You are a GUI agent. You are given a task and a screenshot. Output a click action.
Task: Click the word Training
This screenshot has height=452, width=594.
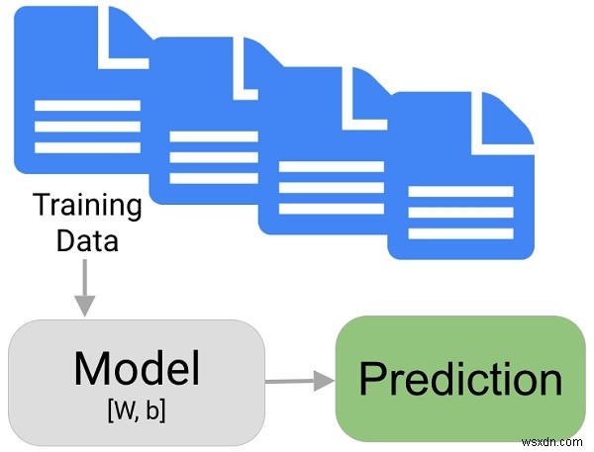87,206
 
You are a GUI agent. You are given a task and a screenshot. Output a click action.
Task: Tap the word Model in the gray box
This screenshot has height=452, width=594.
137,369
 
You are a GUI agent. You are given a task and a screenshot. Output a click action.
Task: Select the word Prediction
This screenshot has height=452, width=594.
460,379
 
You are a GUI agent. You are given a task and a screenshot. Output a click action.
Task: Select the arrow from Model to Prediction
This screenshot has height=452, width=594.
298,379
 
